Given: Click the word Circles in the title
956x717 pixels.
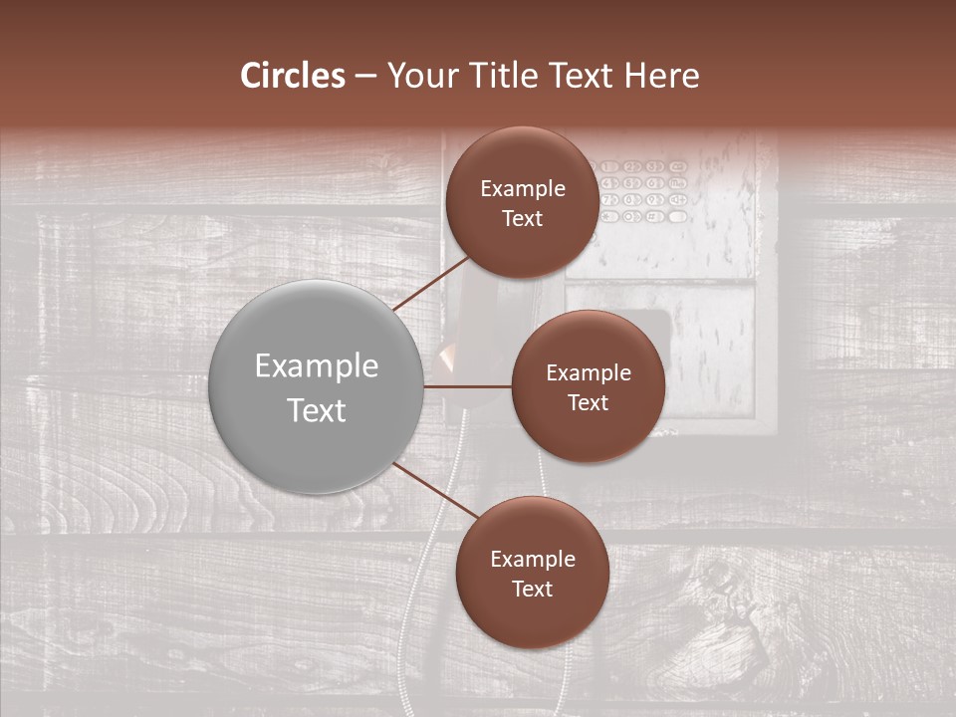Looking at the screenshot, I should coord(293,76).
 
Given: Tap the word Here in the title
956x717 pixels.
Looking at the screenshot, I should coord(661,76).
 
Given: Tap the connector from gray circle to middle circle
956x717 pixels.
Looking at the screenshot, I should coord(467,386).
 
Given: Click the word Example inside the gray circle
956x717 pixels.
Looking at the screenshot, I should coord(317,365).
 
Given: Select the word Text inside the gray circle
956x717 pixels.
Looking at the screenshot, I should coord(317,410).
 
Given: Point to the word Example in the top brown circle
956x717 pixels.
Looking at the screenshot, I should coord(523,188).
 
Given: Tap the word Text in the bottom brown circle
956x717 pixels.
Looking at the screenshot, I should coord(532,589).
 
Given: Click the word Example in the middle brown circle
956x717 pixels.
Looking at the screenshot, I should coord(589,372).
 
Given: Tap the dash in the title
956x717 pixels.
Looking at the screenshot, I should coord(365,77).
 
